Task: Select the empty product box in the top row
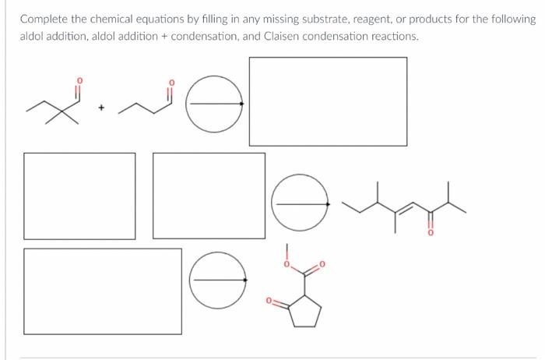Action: point(327,101)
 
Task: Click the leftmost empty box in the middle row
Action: point(79,196)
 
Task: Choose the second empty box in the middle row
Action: point(209,196)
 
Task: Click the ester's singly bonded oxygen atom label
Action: point(287,266)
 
